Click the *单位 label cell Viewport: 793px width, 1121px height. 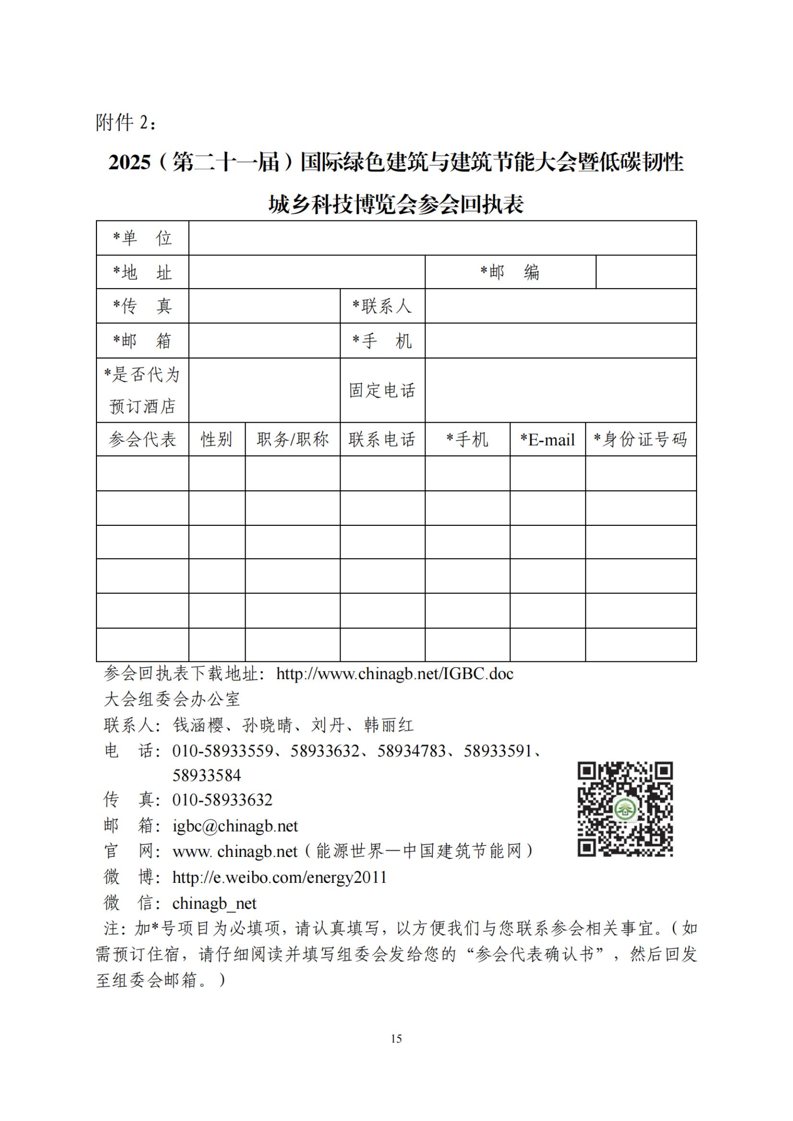click(x=142, y=238)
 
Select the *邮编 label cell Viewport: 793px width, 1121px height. click(x=510, y=272)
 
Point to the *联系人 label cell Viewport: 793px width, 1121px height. click(x=382, y=306)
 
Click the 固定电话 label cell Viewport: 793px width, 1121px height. click(x=382, y=390)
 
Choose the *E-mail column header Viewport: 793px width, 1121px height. click(x=547, y=439)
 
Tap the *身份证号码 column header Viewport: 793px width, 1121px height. click(x=640, y=439)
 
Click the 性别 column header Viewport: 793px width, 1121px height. click(x=216, y=439)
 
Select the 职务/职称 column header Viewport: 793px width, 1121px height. click(x=292, y=439)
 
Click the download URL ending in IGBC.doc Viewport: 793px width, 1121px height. click(x=395, y=674)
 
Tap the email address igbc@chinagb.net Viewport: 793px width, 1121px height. click(x=235, y=826)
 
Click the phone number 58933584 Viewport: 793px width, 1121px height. click(x=207, y=775)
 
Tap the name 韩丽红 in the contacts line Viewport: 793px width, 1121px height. click(x=389, y=725)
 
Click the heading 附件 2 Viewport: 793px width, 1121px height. click(x=126, y=122)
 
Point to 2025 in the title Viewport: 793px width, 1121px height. click(x=130, y=162)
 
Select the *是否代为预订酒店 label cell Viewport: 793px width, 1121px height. click(x=142, y=390)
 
